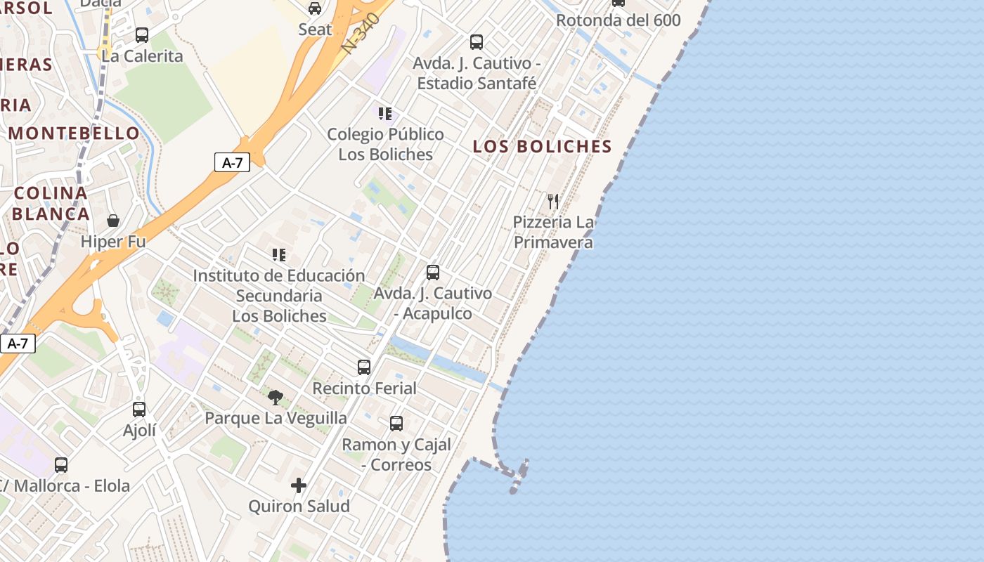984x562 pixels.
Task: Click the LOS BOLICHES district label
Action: [x=542, y=147]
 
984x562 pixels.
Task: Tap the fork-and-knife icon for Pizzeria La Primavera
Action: [x=553, y=202]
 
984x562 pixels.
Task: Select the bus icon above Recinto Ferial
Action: [x=363, y=367]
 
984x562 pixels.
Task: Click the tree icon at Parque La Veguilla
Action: [x=276, y=398]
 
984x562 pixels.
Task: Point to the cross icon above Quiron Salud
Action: [x=299, y=485]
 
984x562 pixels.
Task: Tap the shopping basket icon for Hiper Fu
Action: [x=113, y=221]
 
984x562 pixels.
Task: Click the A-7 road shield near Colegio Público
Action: [x=232, y=163]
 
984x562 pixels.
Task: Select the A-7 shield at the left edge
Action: [x=18, y=344]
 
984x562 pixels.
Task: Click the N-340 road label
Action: [x=361, y=33]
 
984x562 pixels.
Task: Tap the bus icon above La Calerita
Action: [x=142, y=35]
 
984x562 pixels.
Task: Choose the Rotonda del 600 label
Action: [x=619, y=20]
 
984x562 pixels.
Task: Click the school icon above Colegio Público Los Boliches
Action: [x=385, y=113]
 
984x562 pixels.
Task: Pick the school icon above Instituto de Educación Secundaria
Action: [x=279, y=254]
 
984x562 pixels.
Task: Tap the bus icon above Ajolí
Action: [x=139, y=410]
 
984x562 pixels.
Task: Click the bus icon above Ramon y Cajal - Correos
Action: [x=396, y=424]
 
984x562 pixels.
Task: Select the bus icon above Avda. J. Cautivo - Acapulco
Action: [x=433, y=272]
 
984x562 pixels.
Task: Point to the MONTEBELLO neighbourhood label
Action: [x=75, y=133]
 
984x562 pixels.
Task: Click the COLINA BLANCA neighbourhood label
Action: [x=51, y=203]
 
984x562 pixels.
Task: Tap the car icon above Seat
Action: [x=315, y=8]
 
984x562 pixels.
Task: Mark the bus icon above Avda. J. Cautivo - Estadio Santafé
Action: [x=477, y=42]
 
